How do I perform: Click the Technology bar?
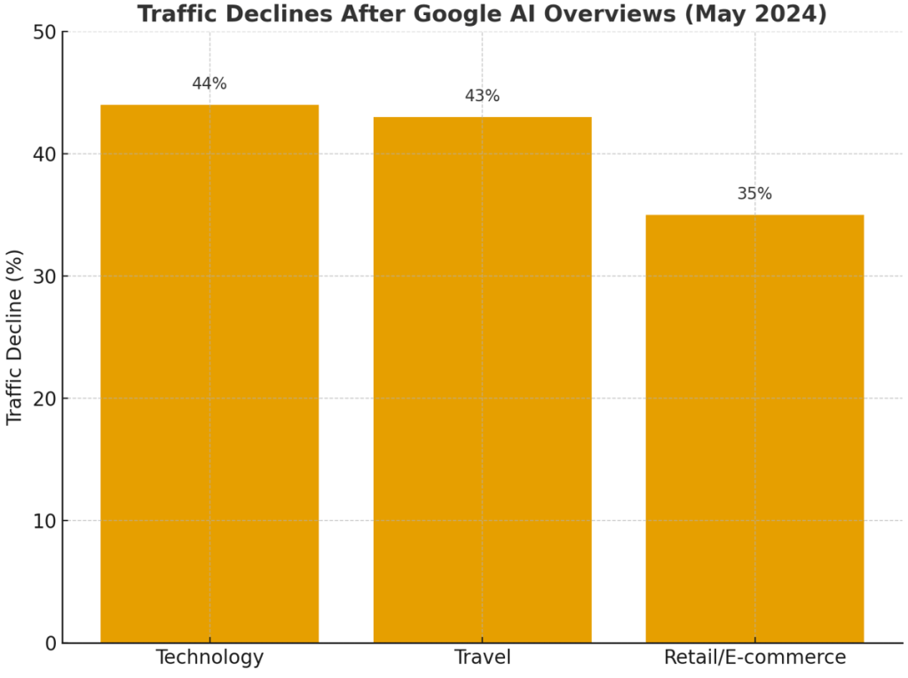pyautogui.click(x=209, y=373)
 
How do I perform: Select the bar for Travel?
pyautogui.click(x=482, y=379)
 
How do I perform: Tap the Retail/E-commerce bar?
pyautogui.click(x=754, y=428)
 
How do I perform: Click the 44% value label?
pyautogui.click(x=209, y=84)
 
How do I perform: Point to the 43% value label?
pyautogui.click(x=482, y=96)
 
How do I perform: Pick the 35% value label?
pyautogui.click(x=754, y=193)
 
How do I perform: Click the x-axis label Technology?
pyautogui.click(x=209, y=658)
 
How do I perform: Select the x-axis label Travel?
pyautogui.click(x=482, y=658)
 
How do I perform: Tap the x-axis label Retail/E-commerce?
pyautogui.click(x=754, y=658)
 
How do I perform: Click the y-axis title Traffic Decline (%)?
pyautogui.click(x=15, y=337)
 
